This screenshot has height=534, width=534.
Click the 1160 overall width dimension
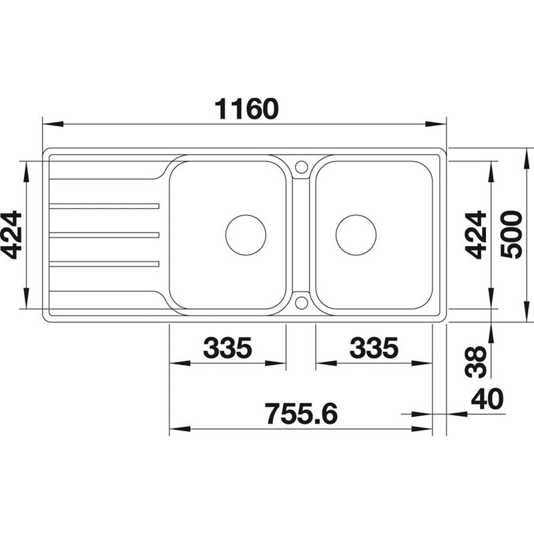[x=246, y=109]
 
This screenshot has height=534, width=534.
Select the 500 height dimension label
[x=511, y=235]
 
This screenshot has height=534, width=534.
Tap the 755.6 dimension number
[x=302, y=414]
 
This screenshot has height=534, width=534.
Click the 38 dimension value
[x=476, y=362]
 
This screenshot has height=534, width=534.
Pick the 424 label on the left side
[x=11, y=235]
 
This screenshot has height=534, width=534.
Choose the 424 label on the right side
[x=476, y=235]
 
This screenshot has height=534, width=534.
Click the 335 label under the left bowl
[x=228, y=348]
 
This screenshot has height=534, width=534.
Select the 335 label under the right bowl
[x=374, y=348]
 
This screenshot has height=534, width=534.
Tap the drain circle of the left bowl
[x=246, y=215]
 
